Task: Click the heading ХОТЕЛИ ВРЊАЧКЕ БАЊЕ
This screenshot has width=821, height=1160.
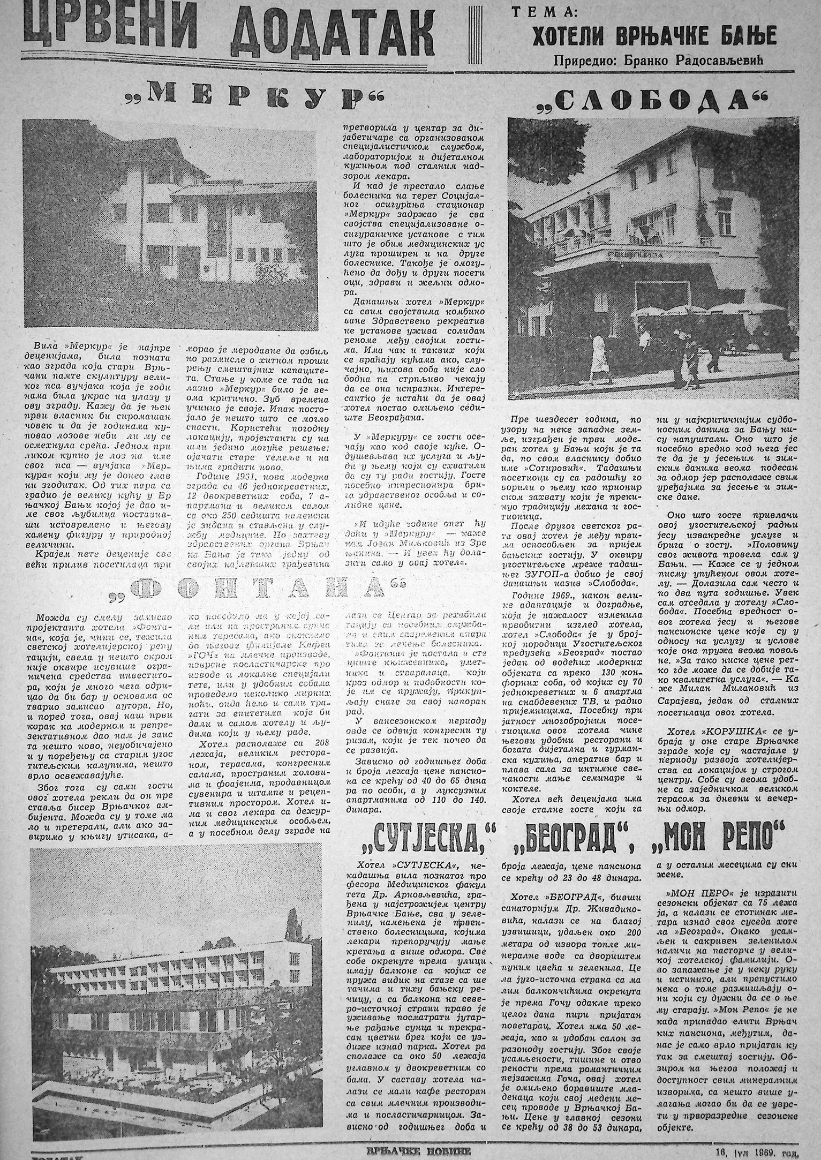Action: point(653,36)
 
